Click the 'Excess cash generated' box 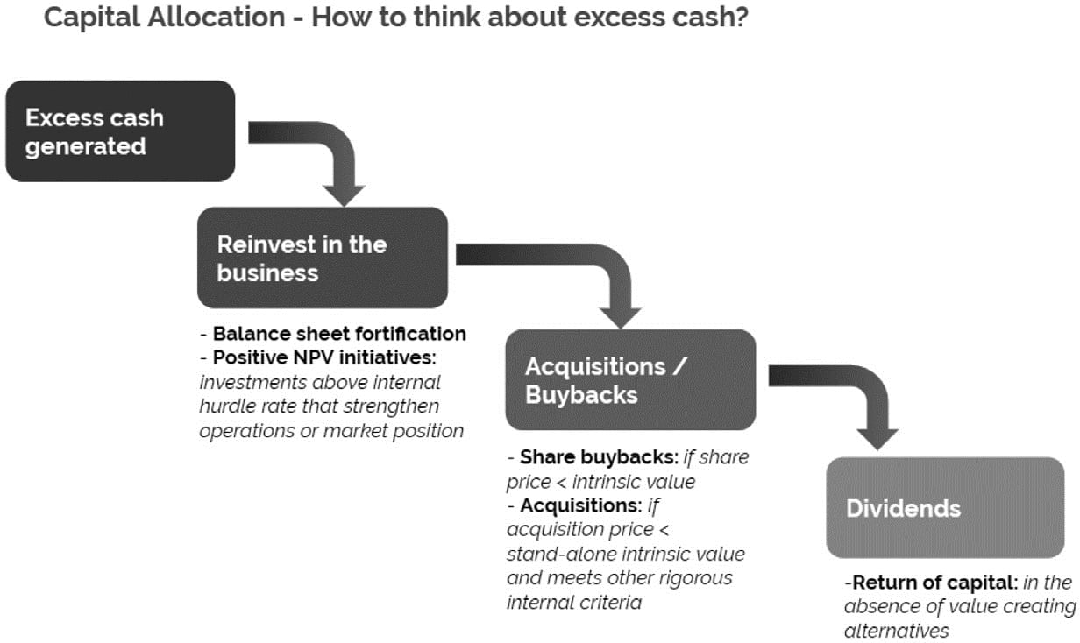tap(120, 131)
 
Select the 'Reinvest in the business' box tap(322, 258)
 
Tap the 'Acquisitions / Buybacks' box tap(629, 380)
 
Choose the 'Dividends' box tap(944, 508)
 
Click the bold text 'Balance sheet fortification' tap(339, 334)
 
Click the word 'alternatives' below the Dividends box tap(896, 631)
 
